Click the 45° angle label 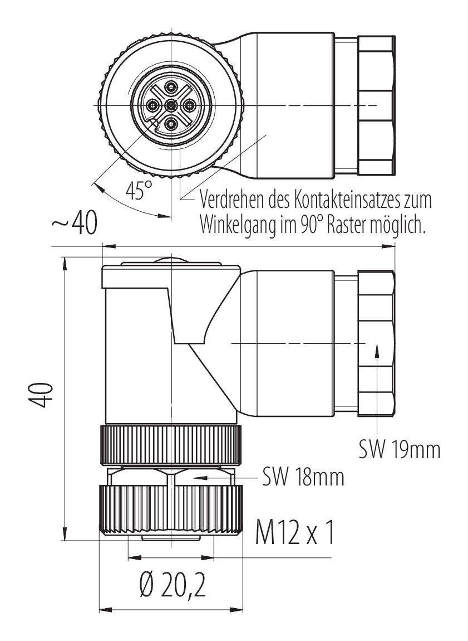[x=138, y=191]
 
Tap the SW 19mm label [x=399, y=449]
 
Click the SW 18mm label [x=303, y=477]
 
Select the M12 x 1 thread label [x=295, y=533]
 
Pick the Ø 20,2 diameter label [x=171, y=586]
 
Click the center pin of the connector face [x=171, y=105]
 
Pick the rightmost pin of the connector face [x=188, y=105]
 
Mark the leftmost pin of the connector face [x=152, y=105]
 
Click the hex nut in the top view [x=376, y=104]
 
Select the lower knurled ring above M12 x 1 [x=171, y=509]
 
